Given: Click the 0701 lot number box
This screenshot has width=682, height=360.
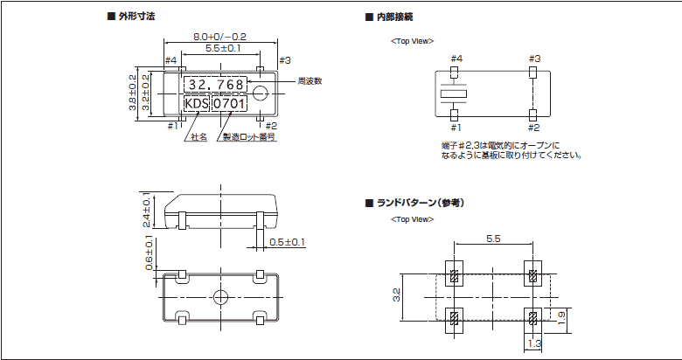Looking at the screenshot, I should [231, 104].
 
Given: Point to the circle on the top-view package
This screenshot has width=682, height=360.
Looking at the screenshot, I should [261, 91].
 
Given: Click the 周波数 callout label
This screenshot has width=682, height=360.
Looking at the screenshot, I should [310, 80].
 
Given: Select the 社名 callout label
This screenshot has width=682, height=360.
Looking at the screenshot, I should [198, 137].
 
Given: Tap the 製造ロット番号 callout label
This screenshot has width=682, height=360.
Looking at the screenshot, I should [248, 137].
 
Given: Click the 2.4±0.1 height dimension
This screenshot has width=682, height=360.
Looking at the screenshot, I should [148, 209].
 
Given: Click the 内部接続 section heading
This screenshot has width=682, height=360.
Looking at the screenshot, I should [394, 17].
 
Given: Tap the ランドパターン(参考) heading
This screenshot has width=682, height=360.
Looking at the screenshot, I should [419, 203].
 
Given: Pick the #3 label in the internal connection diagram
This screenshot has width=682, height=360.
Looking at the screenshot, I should [534, 59].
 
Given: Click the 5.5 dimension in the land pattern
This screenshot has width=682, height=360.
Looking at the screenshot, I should [492, 238].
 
